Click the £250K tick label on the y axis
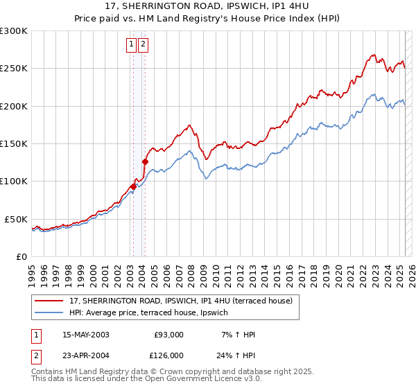(14, 69)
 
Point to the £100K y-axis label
(14, 182)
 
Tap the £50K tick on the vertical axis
(17, 219)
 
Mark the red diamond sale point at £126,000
(145, 162)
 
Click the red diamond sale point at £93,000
(133, 186)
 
